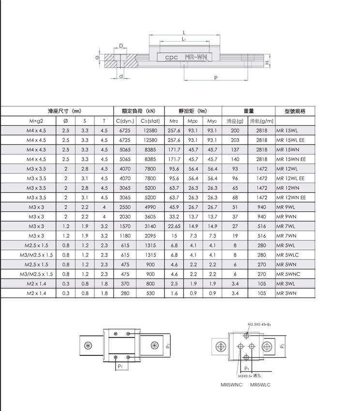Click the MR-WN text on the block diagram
point(196,58)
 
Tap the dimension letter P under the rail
point(215,77)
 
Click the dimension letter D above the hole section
point(121,45)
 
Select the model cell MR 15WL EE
point(291,140)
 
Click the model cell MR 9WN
point(286,217)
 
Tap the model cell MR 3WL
point(286,284)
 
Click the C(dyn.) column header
point(125,121)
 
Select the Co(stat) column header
point(150,121)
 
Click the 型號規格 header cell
point(295,111)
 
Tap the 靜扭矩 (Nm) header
point(193,111)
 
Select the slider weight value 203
point(235,140)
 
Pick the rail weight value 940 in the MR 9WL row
point(262,207)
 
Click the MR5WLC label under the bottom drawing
point(260,385)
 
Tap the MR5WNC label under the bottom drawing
point(231,385)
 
